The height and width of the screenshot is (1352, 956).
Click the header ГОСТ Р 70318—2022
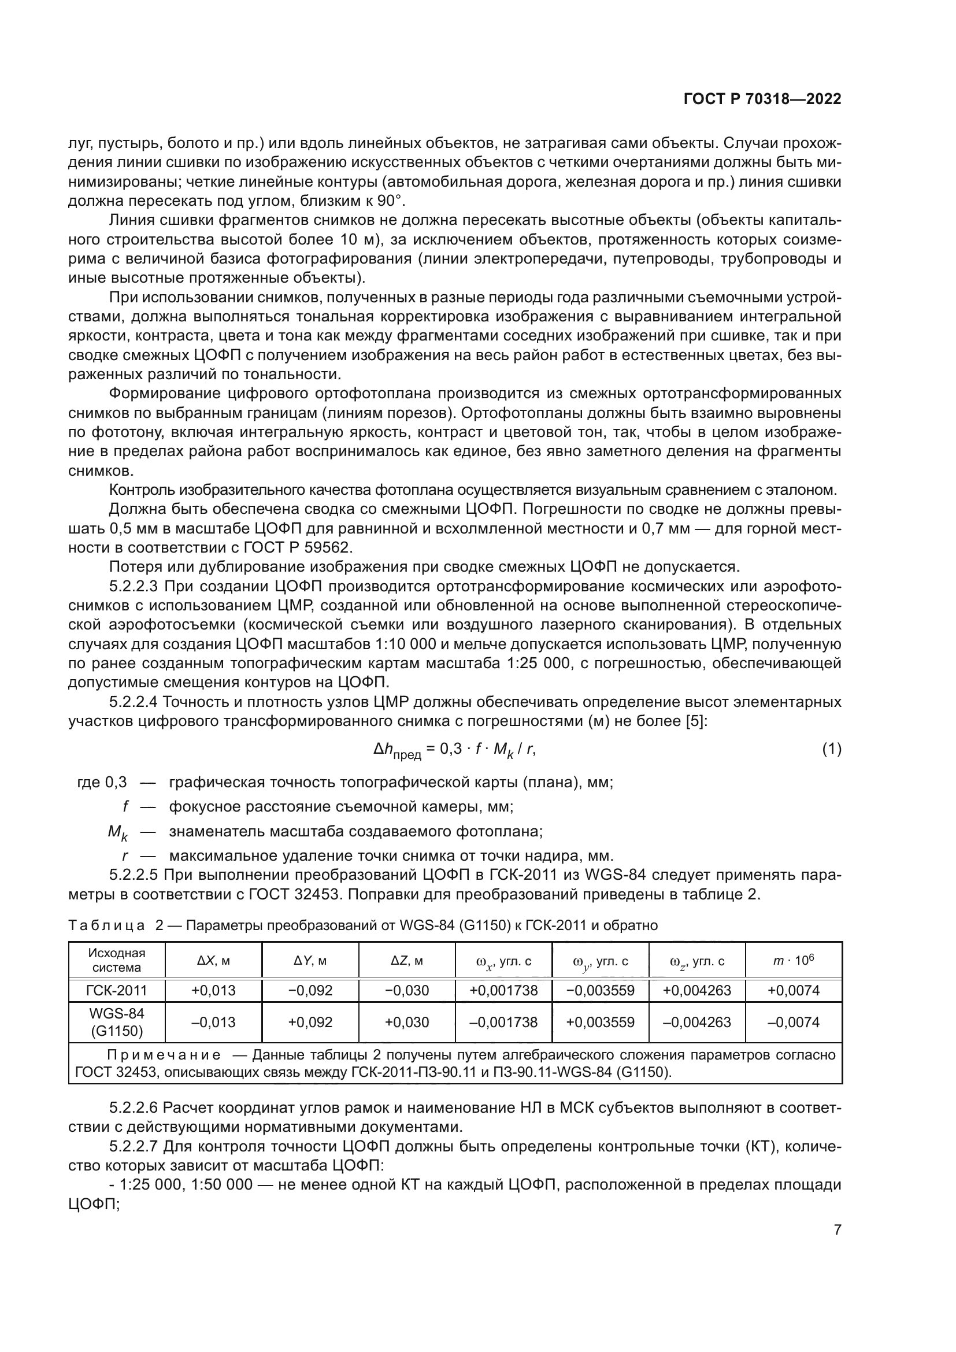[762, 99]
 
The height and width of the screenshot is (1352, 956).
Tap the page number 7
[837, 1229]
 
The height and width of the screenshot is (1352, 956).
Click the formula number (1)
[831, 749]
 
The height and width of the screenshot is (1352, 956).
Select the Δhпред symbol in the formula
[397, 750]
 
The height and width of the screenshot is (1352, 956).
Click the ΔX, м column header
[213, 961]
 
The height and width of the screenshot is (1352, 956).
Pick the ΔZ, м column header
[407, 961]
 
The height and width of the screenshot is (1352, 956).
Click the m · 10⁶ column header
[793, 961]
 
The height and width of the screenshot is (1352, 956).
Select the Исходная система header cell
[117, 960]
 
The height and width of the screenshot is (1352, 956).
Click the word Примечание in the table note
[164, 1055]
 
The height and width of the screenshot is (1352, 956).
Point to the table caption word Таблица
[106, 925]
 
